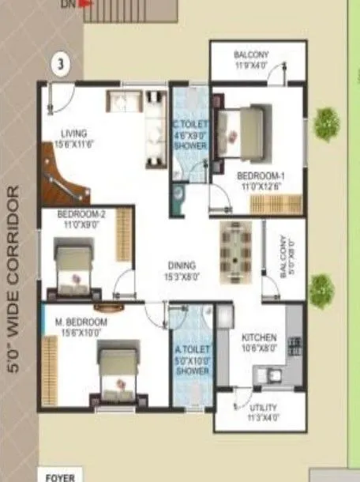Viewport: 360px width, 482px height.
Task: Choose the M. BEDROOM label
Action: (81, 323)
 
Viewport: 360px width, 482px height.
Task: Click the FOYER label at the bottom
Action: (60, 476)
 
